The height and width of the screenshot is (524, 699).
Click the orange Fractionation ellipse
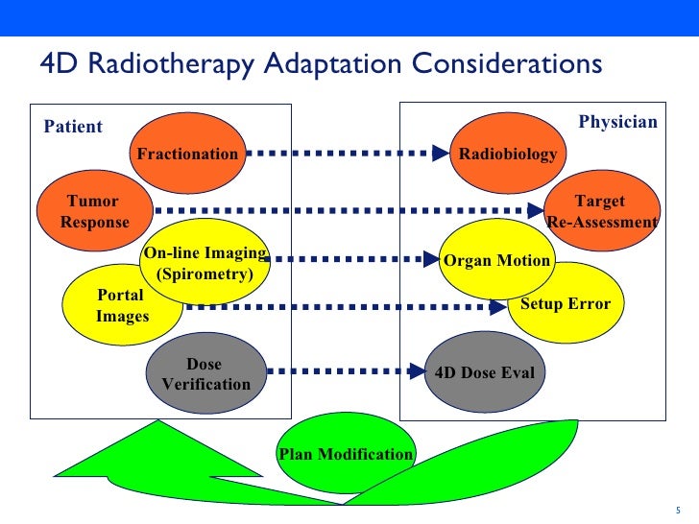187,154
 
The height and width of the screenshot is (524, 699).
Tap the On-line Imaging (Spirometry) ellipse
205,263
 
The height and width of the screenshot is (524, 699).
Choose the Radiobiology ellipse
508,154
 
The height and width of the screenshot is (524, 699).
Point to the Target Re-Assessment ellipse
601,212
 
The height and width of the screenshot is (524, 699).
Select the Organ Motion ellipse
496,261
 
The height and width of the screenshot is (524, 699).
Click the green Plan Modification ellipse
346,454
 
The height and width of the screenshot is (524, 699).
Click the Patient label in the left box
73,127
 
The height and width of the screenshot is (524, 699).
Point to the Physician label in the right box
617,122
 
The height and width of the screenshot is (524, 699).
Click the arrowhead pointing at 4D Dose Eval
416,371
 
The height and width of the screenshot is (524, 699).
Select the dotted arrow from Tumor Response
346,210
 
